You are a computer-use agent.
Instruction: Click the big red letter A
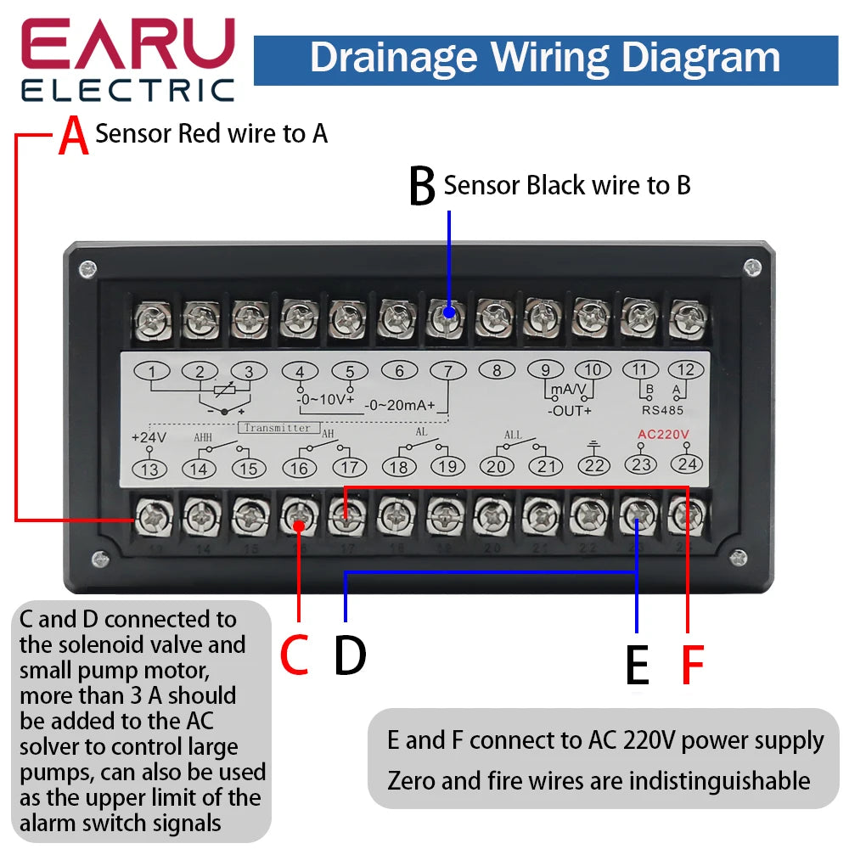coord(74,137)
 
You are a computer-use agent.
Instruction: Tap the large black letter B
coord(422,187)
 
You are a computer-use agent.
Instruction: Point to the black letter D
coord(350,655)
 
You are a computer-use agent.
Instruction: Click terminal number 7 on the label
coord(448,371)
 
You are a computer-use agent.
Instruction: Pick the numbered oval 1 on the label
coord(151,371)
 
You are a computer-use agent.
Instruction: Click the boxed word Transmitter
coord(278,428)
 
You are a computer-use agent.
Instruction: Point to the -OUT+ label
coord(568,411)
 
